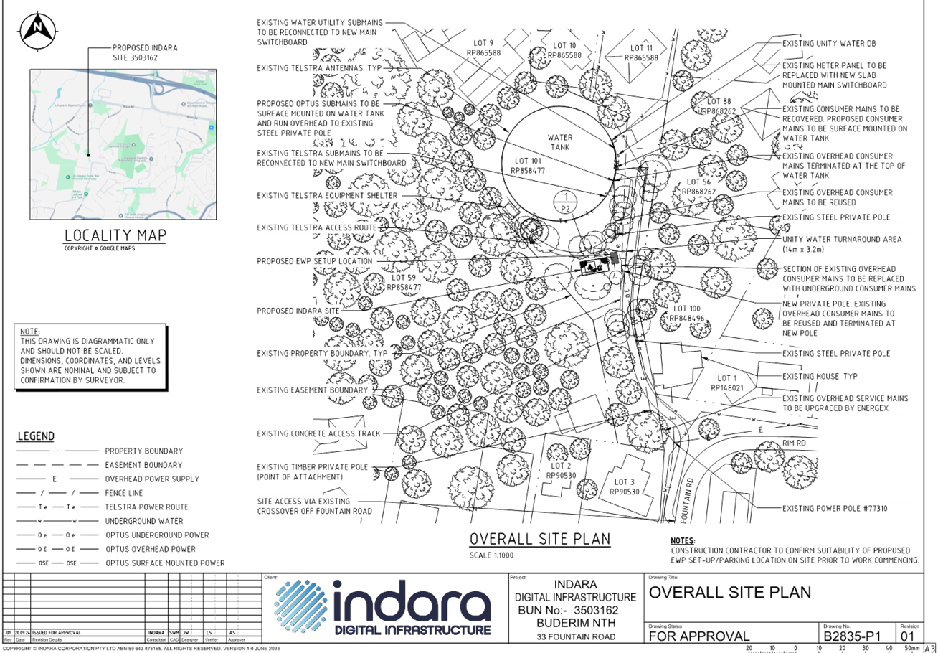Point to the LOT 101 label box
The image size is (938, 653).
click(x=531, y=166)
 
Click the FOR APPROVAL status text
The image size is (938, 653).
click(x=699, y=636)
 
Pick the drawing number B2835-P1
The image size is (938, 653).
click(x=856, y=636)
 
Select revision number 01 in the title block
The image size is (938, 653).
click(x=906, y=636)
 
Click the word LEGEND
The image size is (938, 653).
click(x=36, y=436)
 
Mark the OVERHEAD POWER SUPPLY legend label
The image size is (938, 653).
click(x=152, y=479)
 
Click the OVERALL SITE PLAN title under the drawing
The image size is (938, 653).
click(x=539, y=539)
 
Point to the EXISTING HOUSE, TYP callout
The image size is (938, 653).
click(x=820, y=377)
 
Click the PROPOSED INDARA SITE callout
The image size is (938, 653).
click(x=299, y=311)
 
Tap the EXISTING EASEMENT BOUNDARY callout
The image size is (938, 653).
click(x=313, y=390)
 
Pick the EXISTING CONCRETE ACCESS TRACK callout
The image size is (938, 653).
click(x=320, y=434)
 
